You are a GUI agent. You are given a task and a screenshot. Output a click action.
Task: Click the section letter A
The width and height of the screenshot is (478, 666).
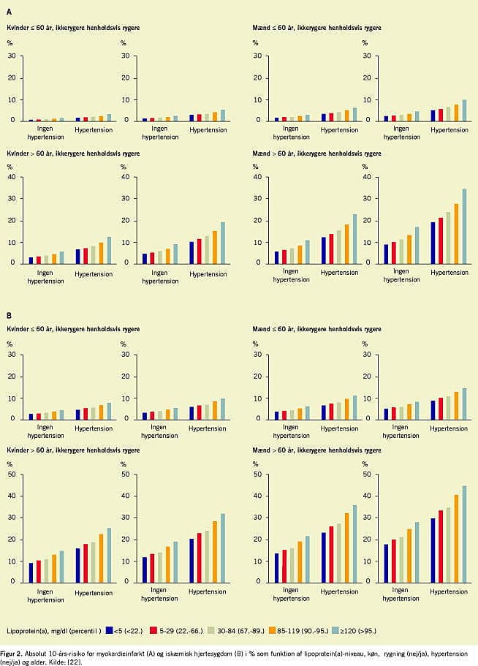(10, 10)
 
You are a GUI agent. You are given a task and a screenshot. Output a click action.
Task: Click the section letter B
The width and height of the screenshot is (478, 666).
(10, 317)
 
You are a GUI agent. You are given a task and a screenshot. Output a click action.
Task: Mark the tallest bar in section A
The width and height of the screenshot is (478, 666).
(464, 226)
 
